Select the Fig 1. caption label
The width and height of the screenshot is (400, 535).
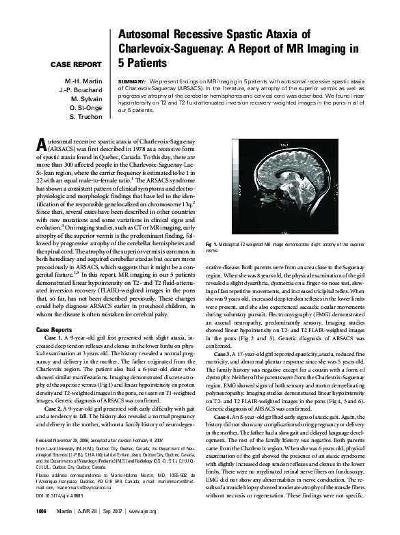[211, 244]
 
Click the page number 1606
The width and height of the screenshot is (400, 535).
[41, 530]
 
